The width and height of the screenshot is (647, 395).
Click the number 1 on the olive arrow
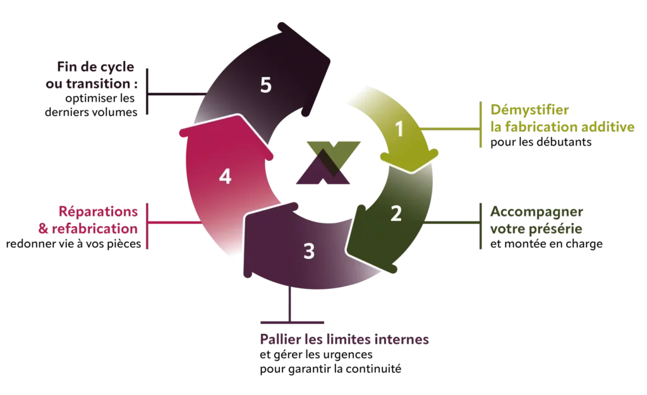(x=399, y=129)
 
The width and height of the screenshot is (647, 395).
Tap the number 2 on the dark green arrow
(x=396, y=214)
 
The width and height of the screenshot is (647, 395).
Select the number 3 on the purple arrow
(x=309, y=251)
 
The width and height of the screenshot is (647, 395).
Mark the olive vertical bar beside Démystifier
(x=481, y=127)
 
